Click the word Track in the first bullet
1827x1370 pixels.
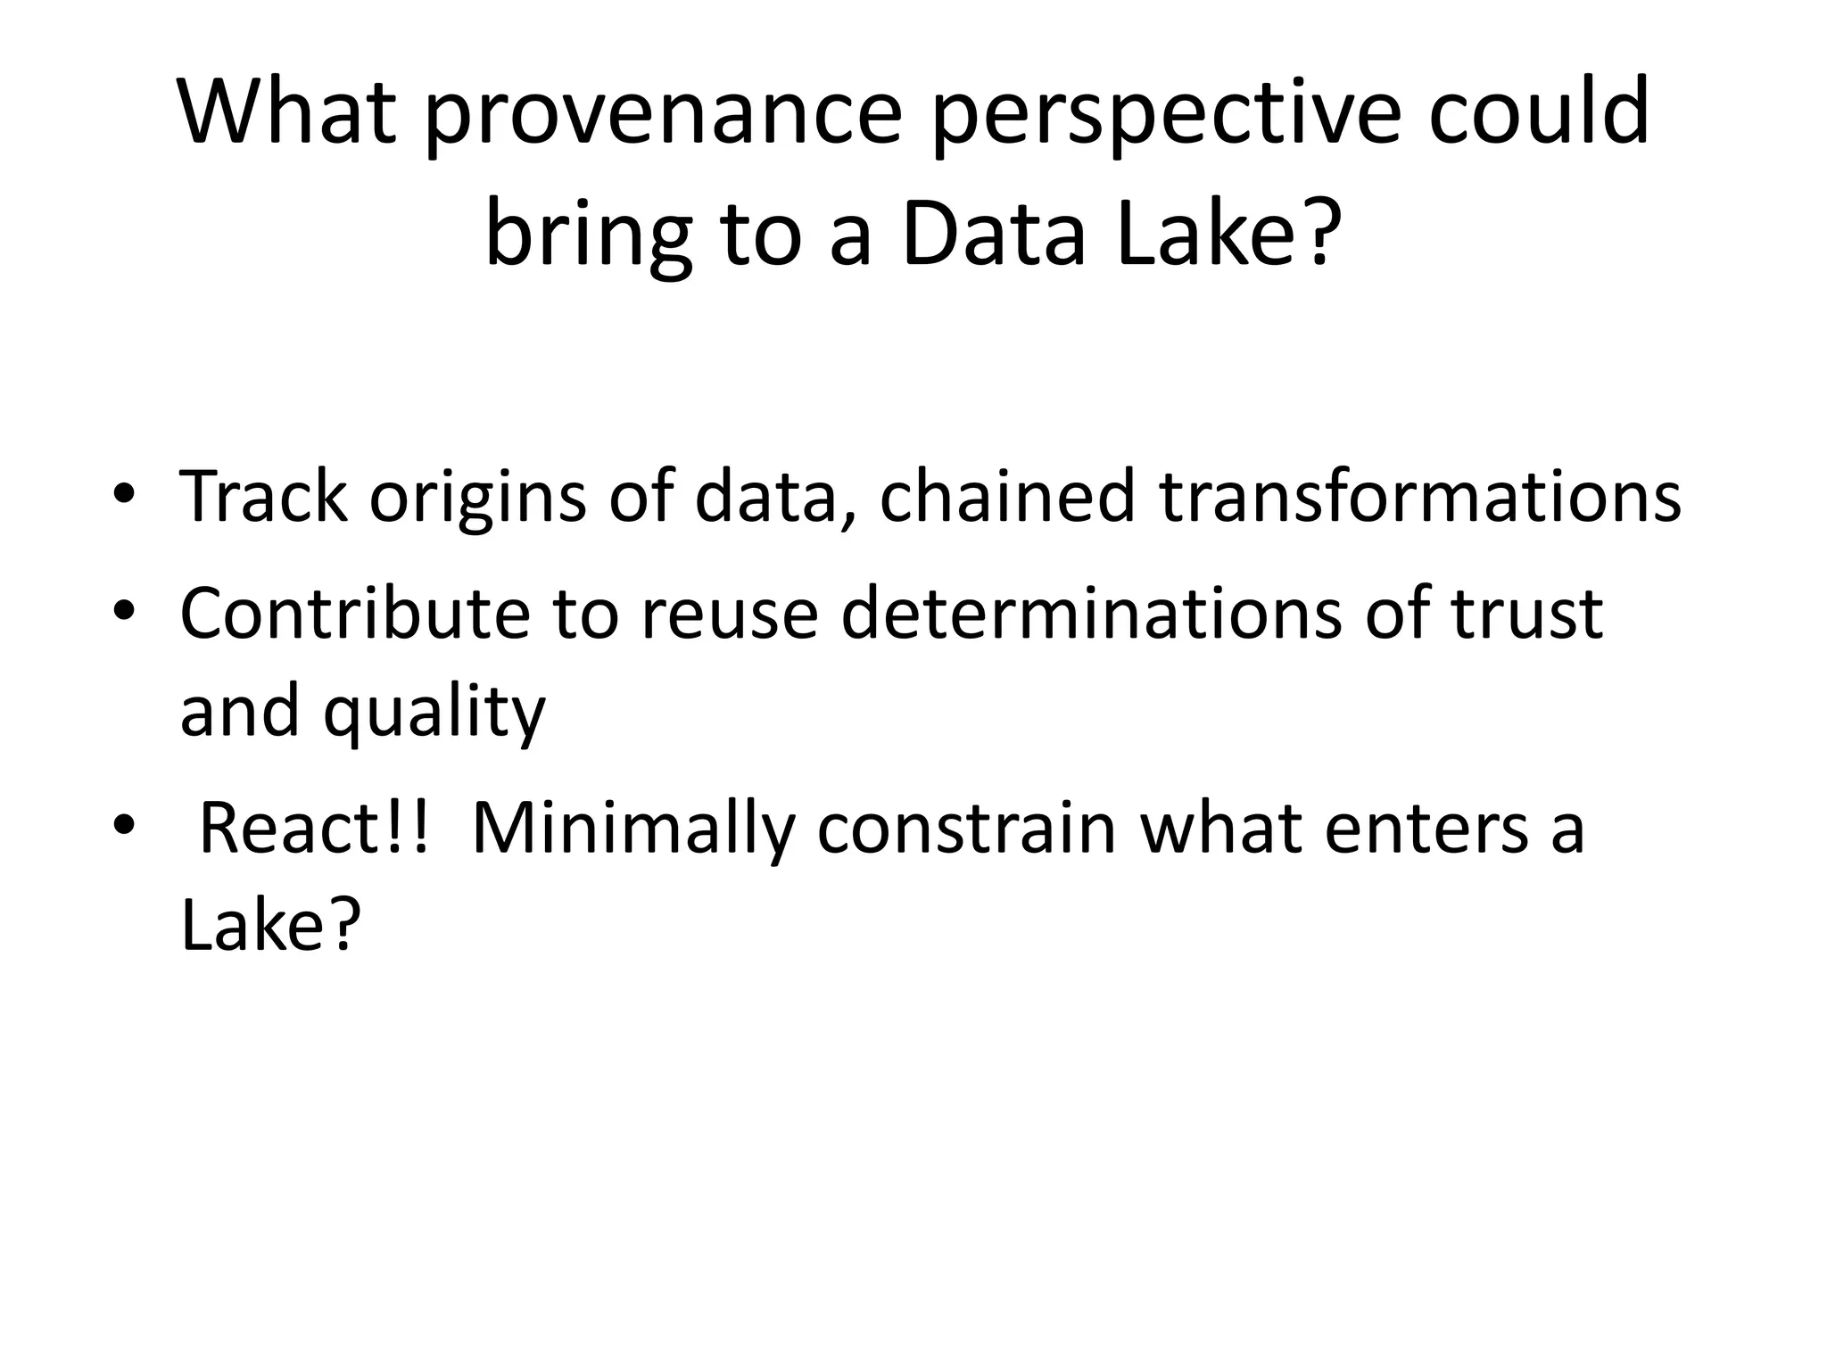click(263, 496)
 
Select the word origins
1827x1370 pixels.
click(477, 498)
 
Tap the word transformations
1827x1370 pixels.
click(1419, 496)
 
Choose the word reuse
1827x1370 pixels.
click(729, 615)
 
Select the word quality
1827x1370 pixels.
click(434, 714)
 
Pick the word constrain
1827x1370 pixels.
click(966, 828)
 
